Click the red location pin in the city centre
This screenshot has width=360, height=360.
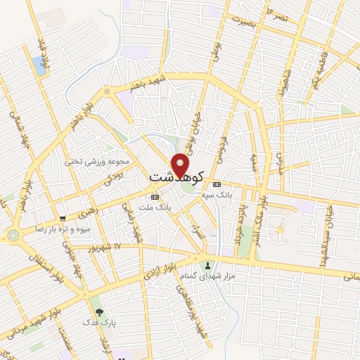(x=181, y=165)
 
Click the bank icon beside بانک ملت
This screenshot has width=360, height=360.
(x=155, y=197)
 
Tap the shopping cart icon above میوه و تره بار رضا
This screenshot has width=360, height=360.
(x=63, y=219)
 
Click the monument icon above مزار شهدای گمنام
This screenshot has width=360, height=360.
(x=207, y=266)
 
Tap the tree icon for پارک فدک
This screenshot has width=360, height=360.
(x=97, y=310)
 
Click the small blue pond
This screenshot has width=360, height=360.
(x=39, y=65)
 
